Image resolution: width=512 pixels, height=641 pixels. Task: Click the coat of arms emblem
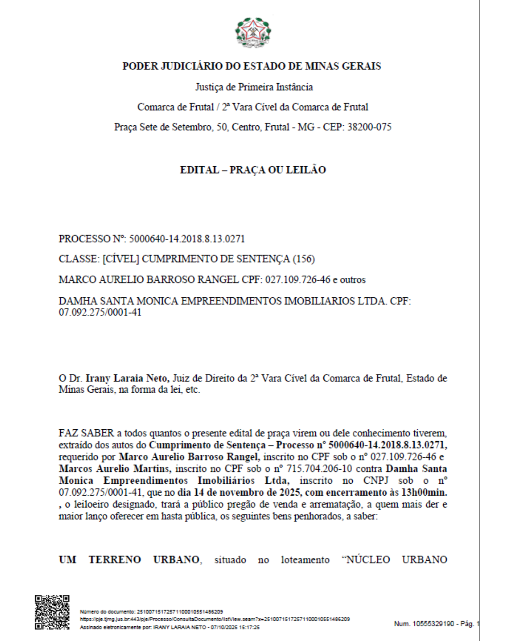click(x=253, y=32)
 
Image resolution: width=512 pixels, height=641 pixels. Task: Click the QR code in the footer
click(x=52, y=612)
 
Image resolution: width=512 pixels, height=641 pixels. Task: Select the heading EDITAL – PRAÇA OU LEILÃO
click(x=253, y=170)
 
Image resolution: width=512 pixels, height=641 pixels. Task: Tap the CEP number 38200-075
click(x=369, y=127)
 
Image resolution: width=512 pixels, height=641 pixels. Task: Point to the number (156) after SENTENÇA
click(x=303, y=259)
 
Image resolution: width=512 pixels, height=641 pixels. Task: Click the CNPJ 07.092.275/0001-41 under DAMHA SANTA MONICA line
click(x=100, y=312)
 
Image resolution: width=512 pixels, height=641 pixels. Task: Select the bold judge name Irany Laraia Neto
click(x=127, y=378)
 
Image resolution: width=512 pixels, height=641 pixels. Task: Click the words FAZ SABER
click(x=86, y=433)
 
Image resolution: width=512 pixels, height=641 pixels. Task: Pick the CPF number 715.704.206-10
click(x=319, y=469)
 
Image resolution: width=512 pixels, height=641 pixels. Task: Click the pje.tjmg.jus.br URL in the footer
click(x=215, y=619)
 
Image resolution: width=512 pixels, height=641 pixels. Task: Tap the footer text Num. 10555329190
click(x=424, y=623)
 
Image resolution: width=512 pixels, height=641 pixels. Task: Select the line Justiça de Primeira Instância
click(x=254, y=87)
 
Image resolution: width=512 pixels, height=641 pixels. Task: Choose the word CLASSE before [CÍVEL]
click(x=78, y=259)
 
